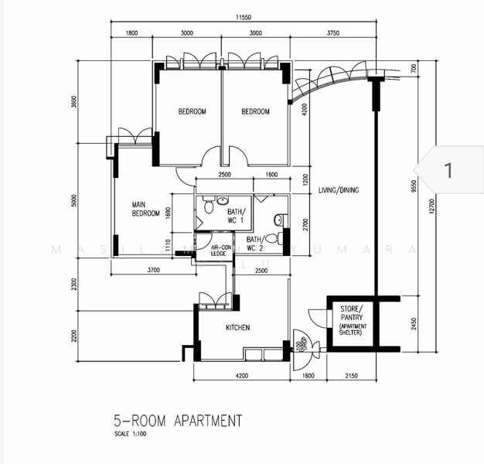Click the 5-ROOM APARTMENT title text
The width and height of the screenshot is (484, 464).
coord(177,421)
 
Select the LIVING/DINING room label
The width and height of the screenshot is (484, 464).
coord(339,190)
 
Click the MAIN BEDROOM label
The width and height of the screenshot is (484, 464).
coord(145,209)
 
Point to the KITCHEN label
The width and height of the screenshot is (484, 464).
coord(237,328)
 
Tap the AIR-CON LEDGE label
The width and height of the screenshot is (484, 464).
coord(210,250)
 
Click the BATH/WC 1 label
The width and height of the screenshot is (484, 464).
coord(235,216)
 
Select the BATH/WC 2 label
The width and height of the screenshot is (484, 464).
coord(255,244)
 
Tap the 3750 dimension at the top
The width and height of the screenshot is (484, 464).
coord(332,33)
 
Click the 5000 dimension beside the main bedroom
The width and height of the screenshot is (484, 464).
coord(75,200)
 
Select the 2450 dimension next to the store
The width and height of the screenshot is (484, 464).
coord(415,322)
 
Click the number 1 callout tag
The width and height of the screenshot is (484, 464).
coord(448,169)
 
